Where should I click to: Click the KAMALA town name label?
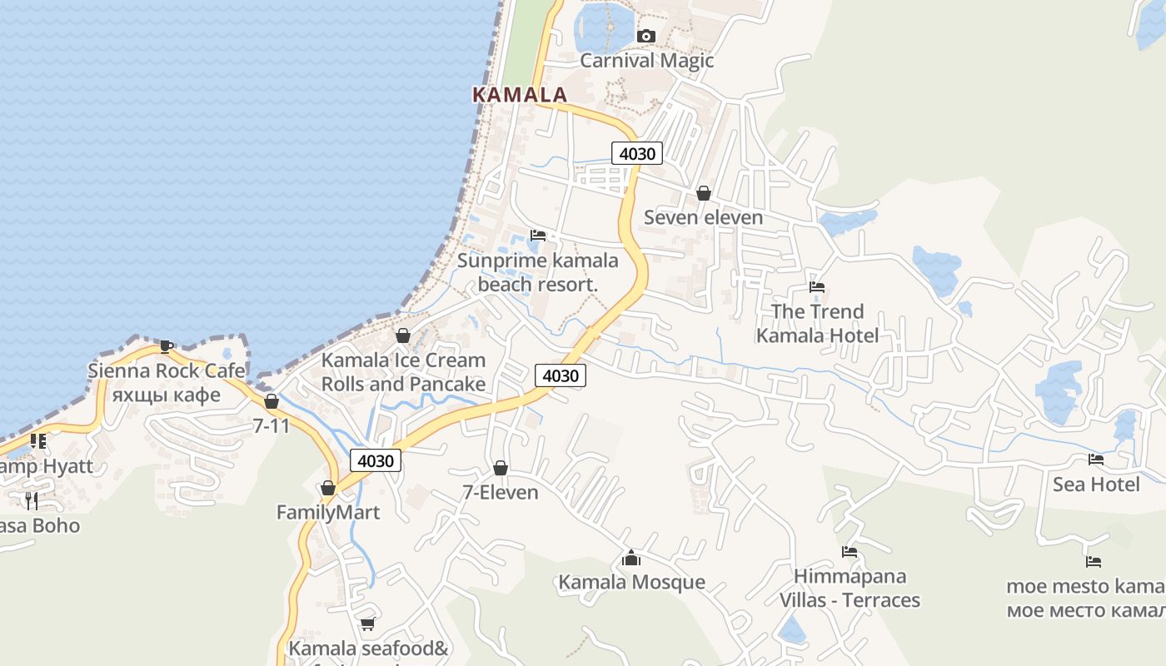[520, 95]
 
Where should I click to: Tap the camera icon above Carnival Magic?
[645, 36]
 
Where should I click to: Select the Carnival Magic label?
[646, 61]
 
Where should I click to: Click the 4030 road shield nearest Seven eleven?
[637, 153]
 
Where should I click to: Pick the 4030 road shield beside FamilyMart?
[376, 460]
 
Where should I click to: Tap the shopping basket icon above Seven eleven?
[704, 193]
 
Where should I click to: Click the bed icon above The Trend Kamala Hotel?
[817, 287]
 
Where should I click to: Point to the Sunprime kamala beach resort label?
[537, 272]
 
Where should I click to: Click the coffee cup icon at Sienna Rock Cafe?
[166, 345]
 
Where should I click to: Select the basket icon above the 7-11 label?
[271, 401]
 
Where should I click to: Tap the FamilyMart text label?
[328, 513]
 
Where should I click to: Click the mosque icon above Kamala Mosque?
[631, 557]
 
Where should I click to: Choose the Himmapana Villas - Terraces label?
[850, 588]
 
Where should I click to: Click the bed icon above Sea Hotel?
[1096, 460]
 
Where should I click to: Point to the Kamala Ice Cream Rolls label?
[403, 372]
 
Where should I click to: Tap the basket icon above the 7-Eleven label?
[501, 468]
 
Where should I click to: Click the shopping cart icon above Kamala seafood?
[367, 624]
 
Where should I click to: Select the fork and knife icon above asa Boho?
[32, 500]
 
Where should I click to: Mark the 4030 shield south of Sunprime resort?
[561, 375]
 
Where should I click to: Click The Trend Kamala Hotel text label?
[817, 323]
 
